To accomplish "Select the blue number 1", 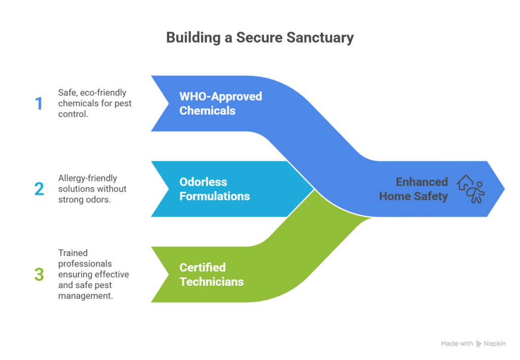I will pos(39,104).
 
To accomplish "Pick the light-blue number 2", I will pos(39,189).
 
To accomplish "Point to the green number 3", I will pos(39,274).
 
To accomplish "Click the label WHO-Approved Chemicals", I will pos(220,103).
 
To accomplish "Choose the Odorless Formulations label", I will pos(214,189).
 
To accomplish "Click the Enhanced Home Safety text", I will pos(414,189).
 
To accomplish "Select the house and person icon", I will pos(471,189).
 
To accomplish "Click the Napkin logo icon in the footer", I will pos(478,344).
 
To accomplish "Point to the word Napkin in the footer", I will pos(495,344).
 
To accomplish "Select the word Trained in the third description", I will pos(73,252).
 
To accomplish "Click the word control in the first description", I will pos(72,115).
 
